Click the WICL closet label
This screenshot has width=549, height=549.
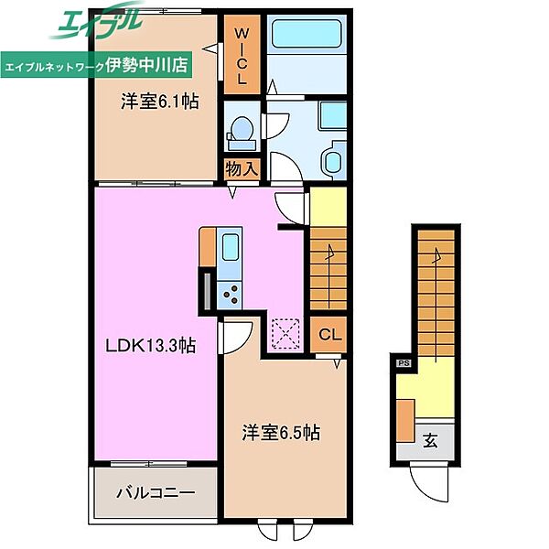242,56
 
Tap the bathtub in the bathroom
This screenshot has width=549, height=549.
307,34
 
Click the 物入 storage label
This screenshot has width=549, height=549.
242,169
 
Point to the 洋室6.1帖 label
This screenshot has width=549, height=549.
159,102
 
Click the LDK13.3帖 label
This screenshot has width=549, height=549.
151,346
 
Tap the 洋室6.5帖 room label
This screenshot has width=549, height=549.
281,433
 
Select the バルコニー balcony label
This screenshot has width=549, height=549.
156,493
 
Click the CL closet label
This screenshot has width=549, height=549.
329,334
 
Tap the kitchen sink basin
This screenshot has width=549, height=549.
231,247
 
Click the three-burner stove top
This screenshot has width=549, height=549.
230,296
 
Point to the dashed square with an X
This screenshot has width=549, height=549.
285,334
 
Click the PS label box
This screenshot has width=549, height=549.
404,363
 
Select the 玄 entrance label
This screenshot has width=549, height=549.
430,440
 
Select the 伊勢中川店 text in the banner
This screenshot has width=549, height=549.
146,64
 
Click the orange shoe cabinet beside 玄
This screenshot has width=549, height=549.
406,421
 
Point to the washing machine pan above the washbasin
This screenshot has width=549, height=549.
332,116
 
